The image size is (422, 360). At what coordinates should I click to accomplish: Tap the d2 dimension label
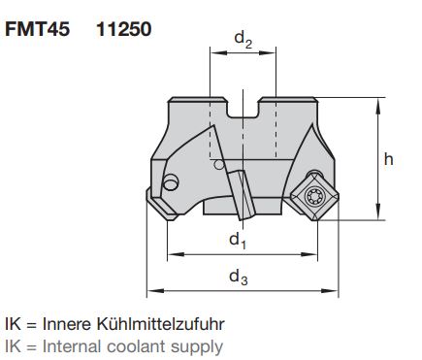(243, 40)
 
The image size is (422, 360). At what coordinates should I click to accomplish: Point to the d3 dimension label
(238, 278)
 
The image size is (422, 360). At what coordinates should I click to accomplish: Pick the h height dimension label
(388, 159)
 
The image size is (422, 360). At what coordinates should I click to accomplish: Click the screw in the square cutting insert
(313, 196)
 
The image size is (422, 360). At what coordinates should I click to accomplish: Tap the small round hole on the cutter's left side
(172, 182)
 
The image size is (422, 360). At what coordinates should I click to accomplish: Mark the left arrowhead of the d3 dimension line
(151, 291)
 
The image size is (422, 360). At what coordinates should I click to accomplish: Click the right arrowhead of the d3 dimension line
(334, 291)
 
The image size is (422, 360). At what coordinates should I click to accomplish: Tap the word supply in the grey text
(199, 346)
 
